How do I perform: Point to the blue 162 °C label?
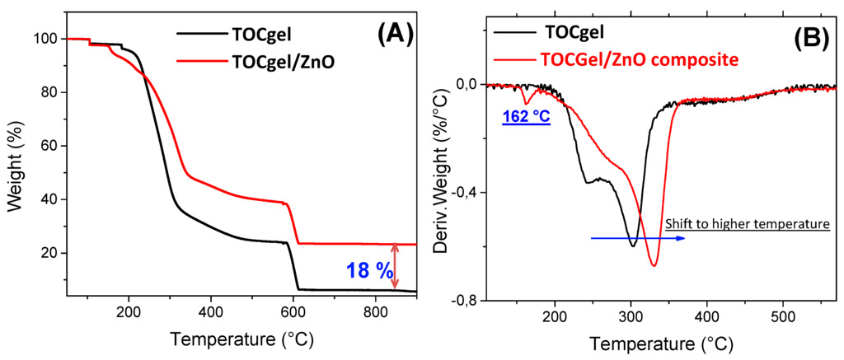[x=526, y=117]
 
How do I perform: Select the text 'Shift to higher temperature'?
[x=746, y=224]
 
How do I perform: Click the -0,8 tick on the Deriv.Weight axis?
[x=464, y=301]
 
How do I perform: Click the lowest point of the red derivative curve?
[x=654, y=265]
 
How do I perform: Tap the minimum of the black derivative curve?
[x=632, y=245]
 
